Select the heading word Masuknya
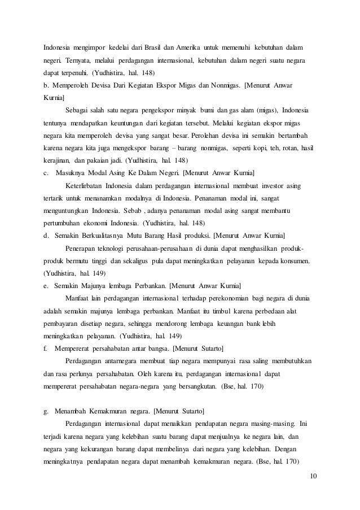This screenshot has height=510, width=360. point(76,172)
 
